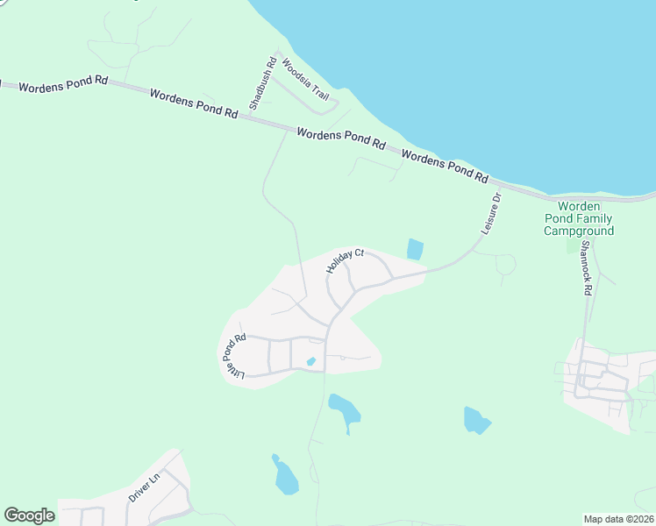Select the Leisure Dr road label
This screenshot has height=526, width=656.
(490, 213)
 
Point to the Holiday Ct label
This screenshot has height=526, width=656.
(345, 261)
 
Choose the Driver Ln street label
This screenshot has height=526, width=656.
(145, 486)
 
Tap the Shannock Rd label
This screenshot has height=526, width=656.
(586, 269)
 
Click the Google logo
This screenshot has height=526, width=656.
(29, 515)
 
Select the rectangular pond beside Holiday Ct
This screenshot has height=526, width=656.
(415, 249)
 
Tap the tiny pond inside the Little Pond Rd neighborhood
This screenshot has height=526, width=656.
(310, 361)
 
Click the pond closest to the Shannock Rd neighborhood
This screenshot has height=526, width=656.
(477, 420)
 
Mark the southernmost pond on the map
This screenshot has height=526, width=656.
(285, 475)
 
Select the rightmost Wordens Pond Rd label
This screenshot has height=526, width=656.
(445, 165)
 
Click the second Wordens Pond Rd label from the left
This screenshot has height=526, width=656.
(194, 103)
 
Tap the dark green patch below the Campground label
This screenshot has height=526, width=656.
(574, 245)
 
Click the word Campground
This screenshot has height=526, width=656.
(578, 231)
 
